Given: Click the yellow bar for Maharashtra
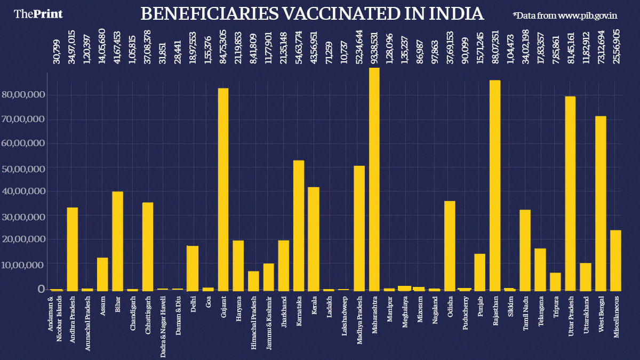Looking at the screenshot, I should click(x=374, y=179).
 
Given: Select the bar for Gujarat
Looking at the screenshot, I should click(x=223, y=189).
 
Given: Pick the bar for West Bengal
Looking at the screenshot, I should click(x=601, y=203).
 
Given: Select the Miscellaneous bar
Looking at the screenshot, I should click(x=616, y=260).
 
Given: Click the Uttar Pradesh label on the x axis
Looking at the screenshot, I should click(x=571, y=314).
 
